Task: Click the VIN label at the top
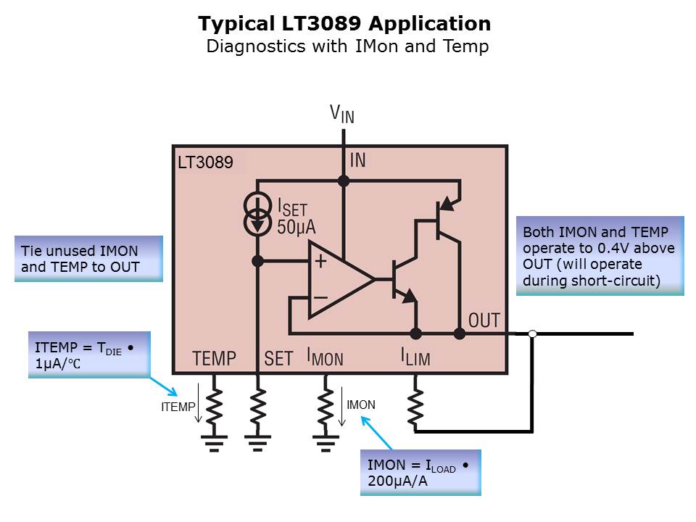point(342,113)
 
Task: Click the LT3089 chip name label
point(205,163)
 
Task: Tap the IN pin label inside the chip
point(358,160)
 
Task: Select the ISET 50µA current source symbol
point(257,215)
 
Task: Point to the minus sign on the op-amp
point(320,297)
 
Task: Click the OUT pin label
point(484,320)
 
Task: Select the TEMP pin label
point(214,357)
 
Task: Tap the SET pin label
point(278,357)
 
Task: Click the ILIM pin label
point(415,357)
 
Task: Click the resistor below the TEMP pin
point(214,407)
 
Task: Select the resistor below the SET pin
point(258,407)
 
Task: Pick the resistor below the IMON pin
point(325,407)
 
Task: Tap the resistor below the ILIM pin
point(415,408)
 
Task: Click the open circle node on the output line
point(532,333)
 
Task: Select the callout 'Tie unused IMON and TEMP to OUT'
point(88,258)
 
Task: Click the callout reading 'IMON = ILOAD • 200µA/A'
point(420,472)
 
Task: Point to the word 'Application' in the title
point(429,24)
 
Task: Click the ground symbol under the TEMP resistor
point(214,442)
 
